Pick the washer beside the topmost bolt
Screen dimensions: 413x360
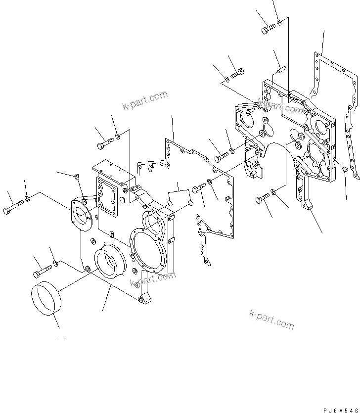(x=279, y=22)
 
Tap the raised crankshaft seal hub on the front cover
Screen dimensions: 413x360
(x=110, y=265)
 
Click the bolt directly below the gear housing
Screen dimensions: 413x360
(x=262, y=199)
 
